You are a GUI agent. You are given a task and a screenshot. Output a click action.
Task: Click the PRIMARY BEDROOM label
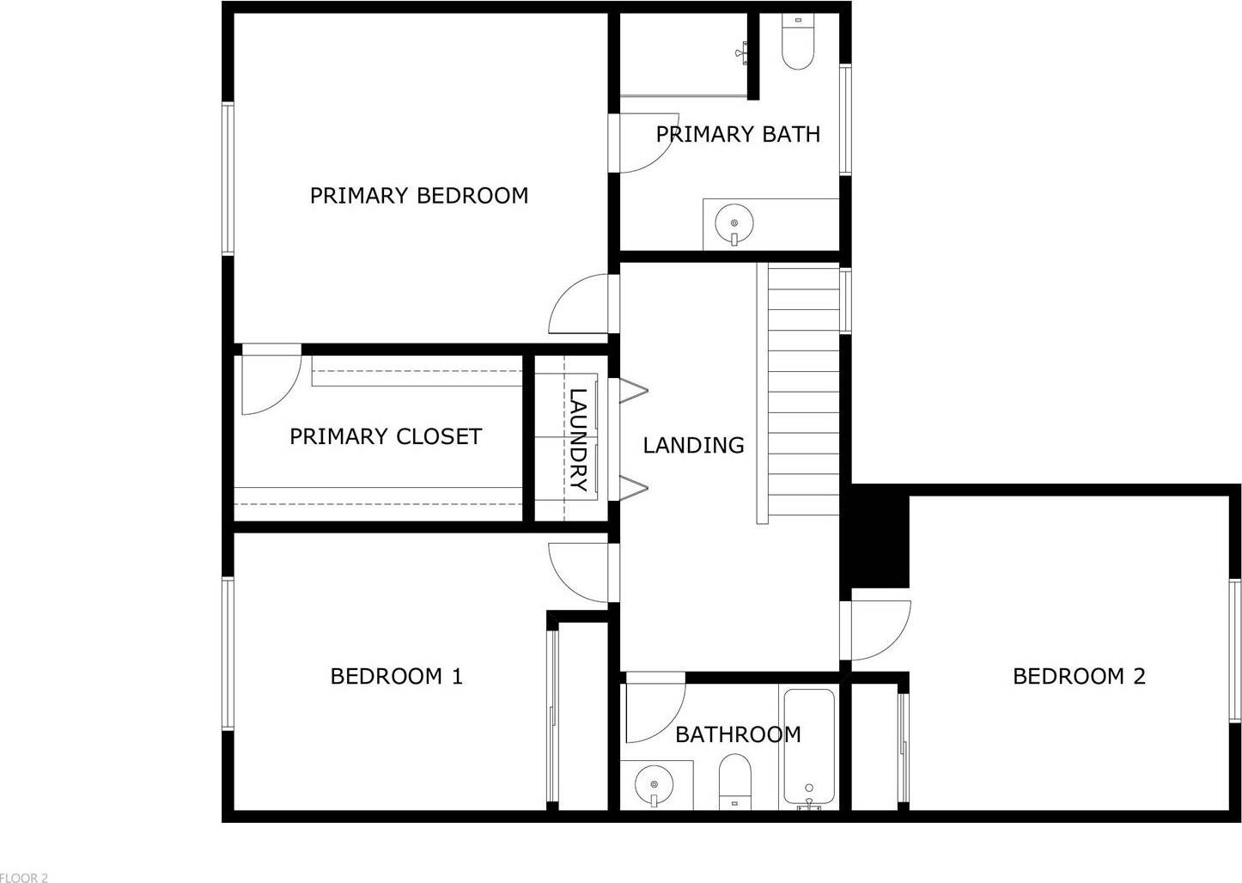pyautogui.click(x=418, y=196)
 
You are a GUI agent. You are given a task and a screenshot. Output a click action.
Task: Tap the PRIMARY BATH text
pyautogui.click(x=738, y=134)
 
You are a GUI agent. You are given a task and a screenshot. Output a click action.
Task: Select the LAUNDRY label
pyautogui.click(x=578, y=440)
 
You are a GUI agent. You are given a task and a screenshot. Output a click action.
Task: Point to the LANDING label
pyautogui.click(x=693, y=445)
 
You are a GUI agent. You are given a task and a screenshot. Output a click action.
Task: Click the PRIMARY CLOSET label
pyautogui.click(x=385, y=436)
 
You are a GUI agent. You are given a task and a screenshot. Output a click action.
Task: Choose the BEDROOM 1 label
pyautogui.click(x=396, y=676)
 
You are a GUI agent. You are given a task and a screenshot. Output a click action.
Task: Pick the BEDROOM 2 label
pyautogui.click(x=1079, y=676)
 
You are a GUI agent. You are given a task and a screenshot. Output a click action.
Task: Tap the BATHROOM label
pyautogui.click(x=738, y=734)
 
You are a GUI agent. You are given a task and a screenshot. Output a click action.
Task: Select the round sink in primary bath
pyautogui.click(x=734, y=222)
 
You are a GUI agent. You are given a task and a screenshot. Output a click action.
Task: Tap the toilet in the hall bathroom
pyautogui.click(x=734, y=781)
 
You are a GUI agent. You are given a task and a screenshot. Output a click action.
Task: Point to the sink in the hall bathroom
pyautogui.click(x=654, y=784)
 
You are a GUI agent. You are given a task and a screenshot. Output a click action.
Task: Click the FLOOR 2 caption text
pyautogui.click(x=24, y=877)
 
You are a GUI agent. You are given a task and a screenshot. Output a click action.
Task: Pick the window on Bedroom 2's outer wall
pyautogui.click(x=1234, y=650)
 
